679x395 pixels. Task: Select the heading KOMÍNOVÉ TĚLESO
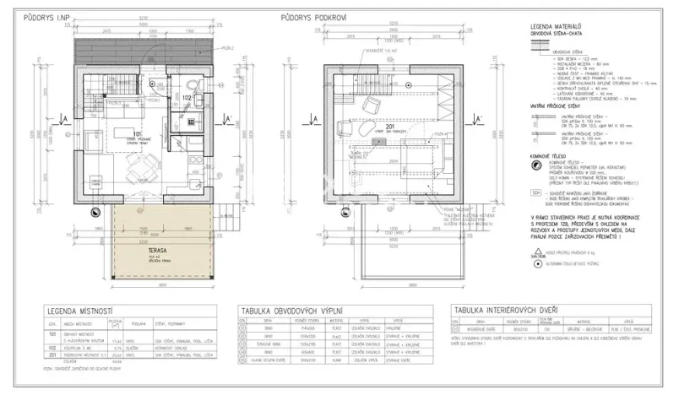click(549, 155)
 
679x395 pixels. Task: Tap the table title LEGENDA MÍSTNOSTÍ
click(81, 309)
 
